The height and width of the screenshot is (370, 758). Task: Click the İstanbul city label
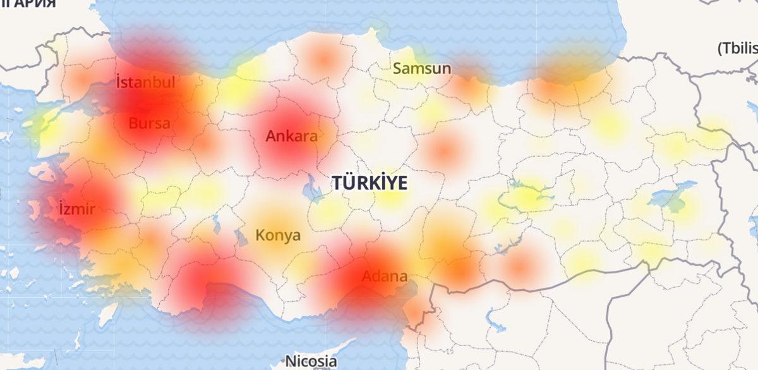(145, 82)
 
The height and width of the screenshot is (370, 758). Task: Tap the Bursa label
(149, 123)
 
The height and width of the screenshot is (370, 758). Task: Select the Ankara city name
(291, 136)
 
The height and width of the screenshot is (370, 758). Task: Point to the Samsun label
(422, 68)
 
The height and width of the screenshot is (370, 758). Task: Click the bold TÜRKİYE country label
(370, 183)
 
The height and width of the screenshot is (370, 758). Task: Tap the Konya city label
(278, 236)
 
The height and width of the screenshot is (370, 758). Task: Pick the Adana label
(384, 276)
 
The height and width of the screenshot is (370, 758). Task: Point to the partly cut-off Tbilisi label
(737, 49)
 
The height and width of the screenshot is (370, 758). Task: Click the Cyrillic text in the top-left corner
(28, 4)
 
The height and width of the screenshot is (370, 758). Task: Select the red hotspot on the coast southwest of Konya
(208, 285)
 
